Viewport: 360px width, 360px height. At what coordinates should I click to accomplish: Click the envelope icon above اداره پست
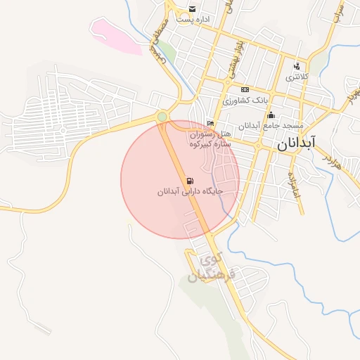pyautogui.click(x=192, y=9)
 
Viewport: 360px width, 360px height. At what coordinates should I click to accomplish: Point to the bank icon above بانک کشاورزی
pyautogui.click(x=245, y=90)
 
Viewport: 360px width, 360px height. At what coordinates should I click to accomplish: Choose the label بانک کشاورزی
pyautogui.click(x=245, y=101)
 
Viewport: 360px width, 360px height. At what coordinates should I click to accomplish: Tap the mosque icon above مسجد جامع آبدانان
pyautogui.click(x=271, y=115)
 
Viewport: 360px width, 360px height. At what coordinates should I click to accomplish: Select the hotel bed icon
pyautogui.click(x=211, y=124)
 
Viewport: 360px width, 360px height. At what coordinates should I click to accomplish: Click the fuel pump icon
pyautogui.click(x=190, y=181)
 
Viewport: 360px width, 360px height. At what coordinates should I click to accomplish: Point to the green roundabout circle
pyautogui.click(x=162, y=116)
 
